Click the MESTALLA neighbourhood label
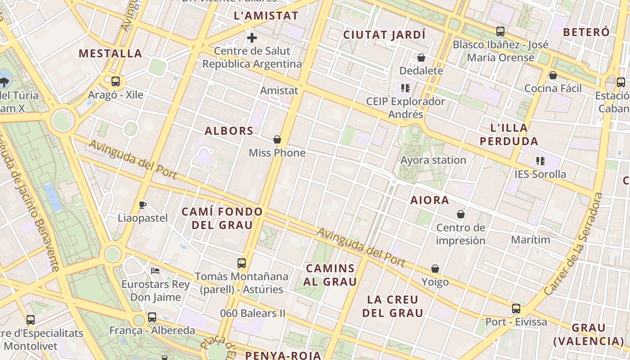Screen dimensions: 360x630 (x=110, y=54)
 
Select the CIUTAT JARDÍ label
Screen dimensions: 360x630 (x=384, y=35)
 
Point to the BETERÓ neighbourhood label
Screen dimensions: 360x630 (x=586, y=32)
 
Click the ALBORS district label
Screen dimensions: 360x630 (x=229, y=131)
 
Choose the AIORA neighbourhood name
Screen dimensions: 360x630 (x=430, y=200)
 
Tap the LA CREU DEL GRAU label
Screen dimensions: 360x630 (x=393, y=306)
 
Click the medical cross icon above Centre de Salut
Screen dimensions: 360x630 (x=252, y=38)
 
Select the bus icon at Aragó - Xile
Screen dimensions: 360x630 (x=116, y=81)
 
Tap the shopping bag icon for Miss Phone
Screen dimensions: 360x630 (x=277, y=139)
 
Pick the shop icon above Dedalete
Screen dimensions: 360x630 (x=421, y=58)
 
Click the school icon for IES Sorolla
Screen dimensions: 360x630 (x=540, y=161)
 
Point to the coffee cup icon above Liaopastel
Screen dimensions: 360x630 (x=143, y=205)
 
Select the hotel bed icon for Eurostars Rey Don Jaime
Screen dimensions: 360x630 (x=155, y=271)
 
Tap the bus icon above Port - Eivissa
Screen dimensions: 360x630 (x=516, y=309)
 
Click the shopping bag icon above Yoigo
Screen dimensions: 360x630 (x=435, y=269)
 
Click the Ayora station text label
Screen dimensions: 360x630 (x=433, y=160)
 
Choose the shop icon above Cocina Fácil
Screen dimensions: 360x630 (x=553, y=75)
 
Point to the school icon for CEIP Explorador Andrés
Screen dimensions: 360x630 (x=405, y=88)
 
